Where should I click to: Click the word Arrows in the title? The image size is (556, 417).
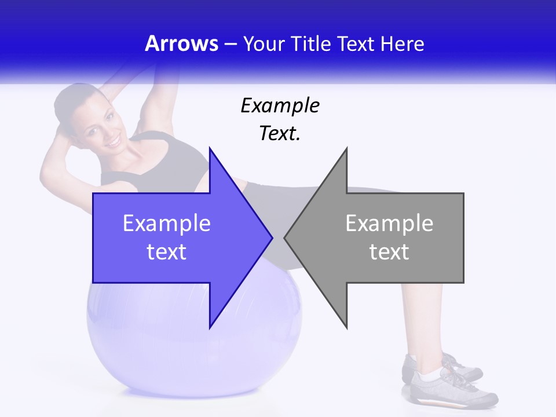click(x=181, y=44)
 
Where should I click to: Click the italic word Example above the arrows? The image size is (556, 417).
click(x=280, y=106)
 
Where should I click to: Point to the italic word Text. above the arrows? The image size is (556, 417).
click(x=280, y=134)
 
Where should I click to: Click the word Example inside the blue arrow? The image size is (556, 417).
click(x=166, y=224)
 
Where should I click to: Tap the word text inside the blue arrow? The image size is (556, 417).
click(x=166, y=252)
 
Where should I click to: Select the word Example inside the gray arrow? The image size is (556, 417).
click(x=389, y=224)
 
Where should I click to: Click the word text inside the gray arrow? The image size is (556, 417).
click(x=389, y=252)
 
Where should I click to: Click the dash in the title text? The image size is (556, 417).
click(x=230, y=44)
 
